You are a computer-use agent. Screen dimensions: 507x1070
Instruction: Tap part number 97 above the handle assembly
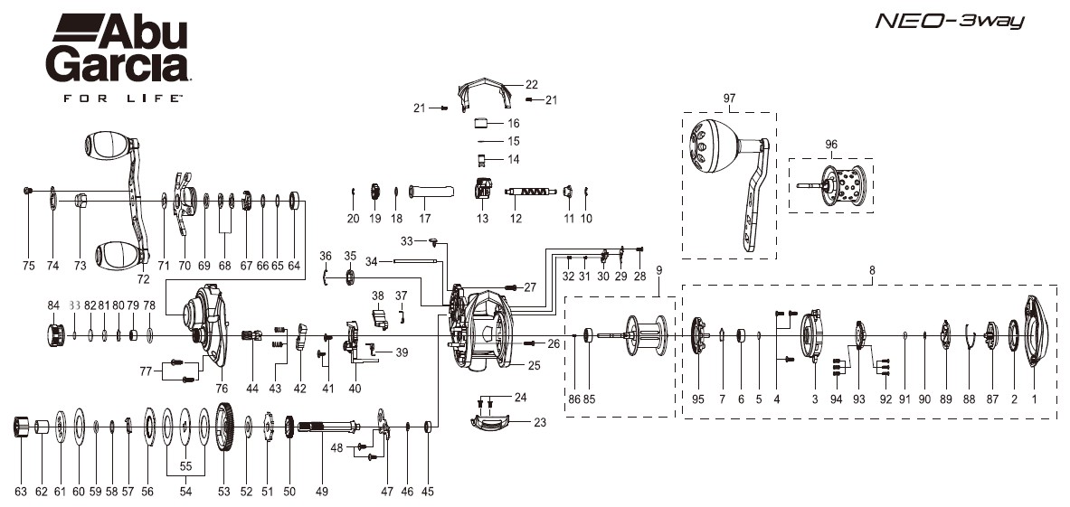731,97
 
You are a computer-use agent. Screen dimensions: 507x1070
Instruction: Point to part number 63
21,492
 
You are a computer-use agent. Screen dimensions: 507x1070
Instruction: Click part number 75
29,266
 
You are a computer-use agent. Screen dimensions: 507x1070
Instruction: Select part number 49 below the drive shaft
321,492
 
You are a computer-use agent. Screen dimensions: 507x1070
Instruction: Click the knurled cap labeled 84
52,335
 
